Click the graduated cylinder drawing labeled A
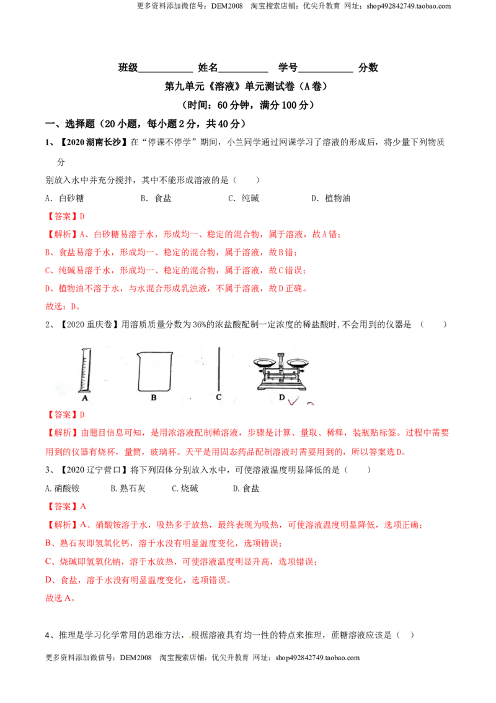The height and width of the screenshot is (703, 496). coord(84,370)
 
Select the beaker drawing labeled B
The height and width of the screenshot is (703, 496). coord(155,371)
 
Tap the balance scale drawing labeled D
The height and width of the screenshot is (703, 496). coord(281,371)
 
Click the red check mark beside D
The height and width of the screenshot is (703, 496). coord(294,401)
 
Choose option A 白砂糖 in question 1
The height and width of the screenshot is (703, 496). coord(64,198)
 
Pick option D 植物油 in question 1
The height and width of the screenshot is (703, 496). coord(331,198)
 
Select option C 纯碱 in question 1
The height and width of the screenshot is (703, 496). coord(244,198)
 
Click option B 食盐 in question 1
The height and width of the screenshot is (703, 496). coord(156,198)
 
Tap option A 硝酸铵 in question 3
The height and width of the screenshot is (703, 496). coord(62,488)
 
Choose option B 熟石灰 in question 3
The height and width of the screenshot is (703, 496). coord(128,488)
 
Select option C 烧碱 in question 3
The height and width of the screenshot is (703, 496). coord(185,488)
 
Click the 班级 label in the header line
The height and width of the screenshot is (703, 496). coord(128,68)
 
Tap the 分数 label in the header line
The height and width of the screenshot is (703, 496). coord(368,68)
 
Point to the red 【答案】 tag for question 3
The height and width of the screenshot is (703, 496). coord(62,507)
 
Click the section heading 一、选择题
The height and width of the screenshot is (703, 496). coord(70,124)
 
